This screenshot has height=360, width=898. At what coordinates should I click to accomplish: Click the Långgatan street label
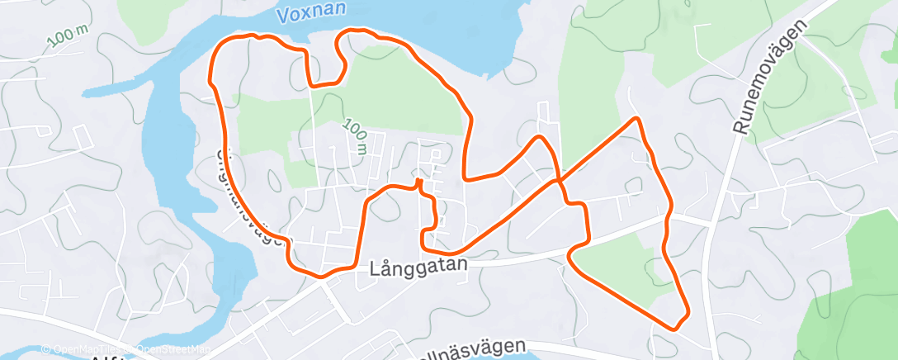click(418, 268)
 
